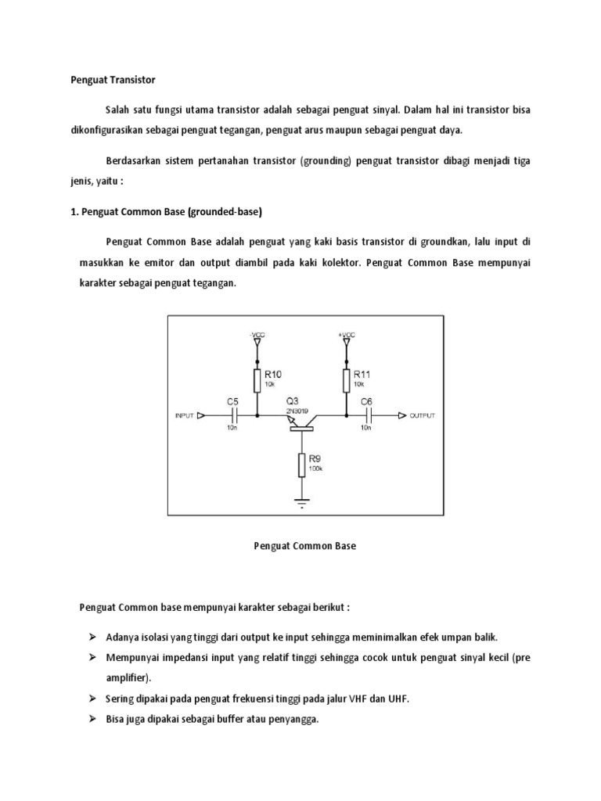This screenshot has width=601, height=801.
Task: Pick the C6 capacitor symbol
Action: click(x=365, y=415)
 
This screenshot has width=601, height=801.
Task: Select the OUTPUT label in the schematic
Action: click(x=423, y=416)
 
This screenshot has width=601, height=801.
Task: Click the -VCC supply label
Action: click(x=257, y=335)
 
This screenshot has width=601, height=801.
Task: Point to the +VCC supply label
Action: click(x=346, y=335)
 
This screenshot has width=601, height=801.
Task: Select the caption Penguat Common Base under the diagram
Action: click(x=305, y=546)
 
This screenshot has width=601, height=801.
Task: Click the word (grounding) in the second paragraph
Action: click(x=326, y=160)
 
